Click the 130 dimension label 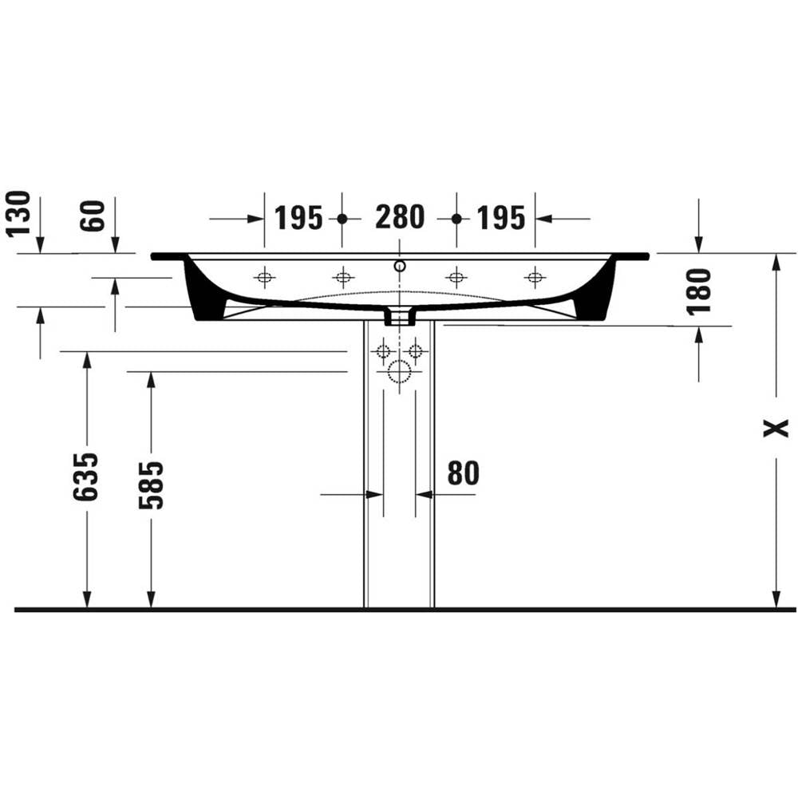(x=18, y=214)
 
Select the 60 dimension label (x=93, y=216)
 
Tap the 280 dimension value (x=400, y=217)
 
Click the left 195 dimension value (x=298, y=218)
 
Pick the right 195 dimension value (x=500, y=218)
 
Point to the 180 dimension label (x=698, y=291)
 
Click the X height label (x=776, y=428)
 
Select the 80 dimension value (x=463, y=473)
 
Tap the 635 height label (x=85, y=477)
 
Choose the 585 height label (x=151, y=485)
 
